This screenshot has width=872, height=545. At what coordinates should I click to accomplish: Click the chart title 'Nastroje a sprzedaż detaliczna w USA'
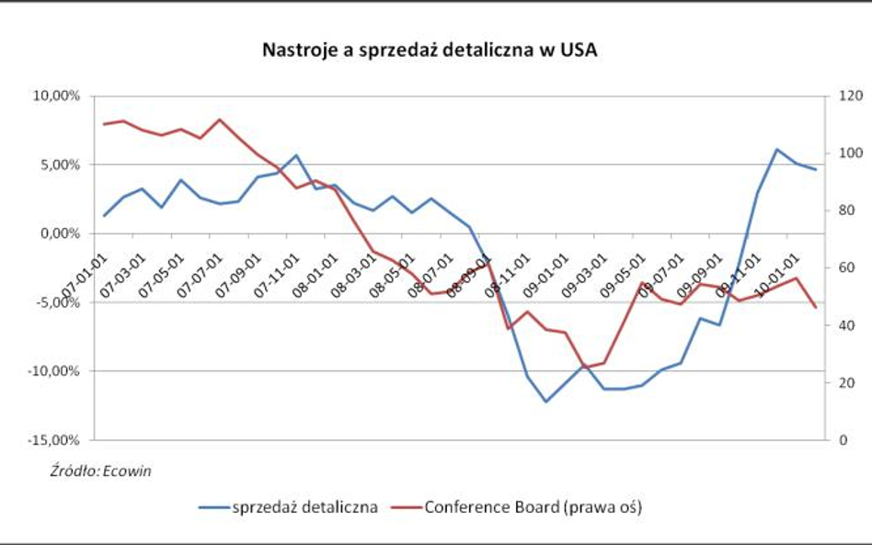pos(430,51)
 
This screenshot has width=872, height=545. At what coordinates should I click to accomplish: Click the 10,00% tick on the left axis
pos(58,96)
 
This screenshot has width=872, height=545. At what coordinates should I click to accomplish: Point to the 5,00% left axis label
pos(61,165)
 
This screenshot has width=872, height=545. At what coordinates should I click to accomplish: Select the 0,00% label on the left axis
pos(61,233)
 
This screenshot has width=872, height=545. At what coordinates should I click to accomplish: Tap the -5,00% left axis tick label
pos(59,302)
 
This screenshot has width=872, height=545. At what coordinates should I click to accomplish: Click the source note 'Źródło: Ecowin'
pos(101,471)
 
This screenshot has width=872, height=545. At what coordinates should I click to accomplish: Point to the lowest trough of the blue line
pos(546,402)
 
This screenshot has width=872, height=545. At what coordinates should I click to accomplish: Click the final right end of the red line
pos(815,307)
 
